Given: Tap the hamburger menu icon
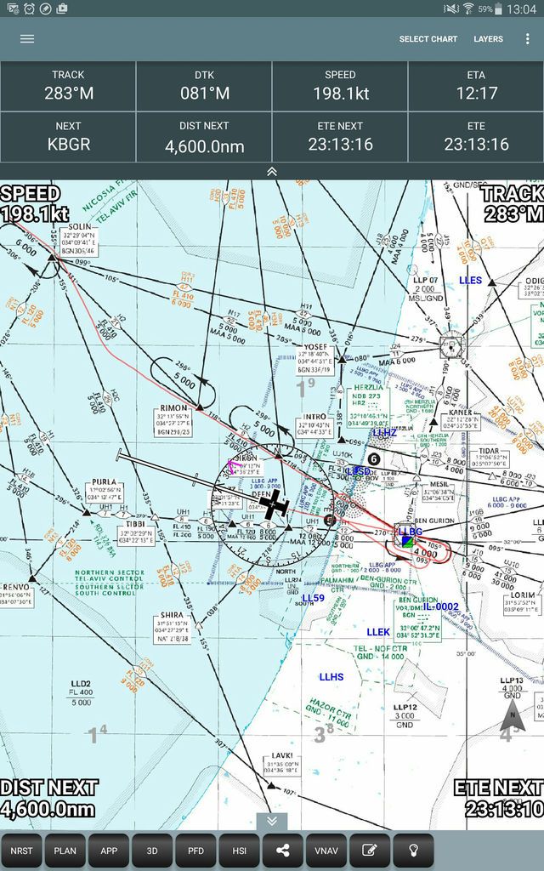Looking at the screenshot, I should click(27, 39).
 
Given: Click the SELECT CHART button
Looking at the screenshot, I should click(428, 39).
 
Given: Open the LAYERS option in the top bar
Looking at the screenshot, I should click(489, 39).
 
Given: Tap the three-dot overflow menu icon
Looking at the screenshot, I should click(528, 39).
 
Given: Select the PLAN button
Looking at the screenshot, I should click(65, 850).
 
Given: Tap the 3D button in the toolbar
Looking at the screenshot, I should click(152, 850).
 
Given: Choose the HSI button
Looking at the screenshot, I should click(239, 850).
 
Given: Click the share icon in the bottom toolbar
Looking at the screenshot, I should click(283, 850).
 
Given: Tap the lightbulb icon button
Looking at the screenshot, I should click(414, 850).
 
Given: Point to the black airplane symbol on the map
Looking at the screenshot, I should click(275, 505).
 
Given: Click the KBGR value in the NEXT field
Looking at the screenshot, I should click(68, 145).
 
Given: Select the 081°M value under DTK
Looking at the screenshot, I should click(204, 94).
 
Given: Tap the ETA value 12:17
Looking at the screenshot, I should click(476, 94).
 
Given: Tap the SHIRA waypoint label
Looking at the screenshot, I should click(171, 615).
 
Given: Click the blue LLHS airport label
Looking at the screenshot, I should click(331, 677).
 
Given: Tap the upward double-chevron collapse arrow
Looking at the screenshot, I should click(272, 171).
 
